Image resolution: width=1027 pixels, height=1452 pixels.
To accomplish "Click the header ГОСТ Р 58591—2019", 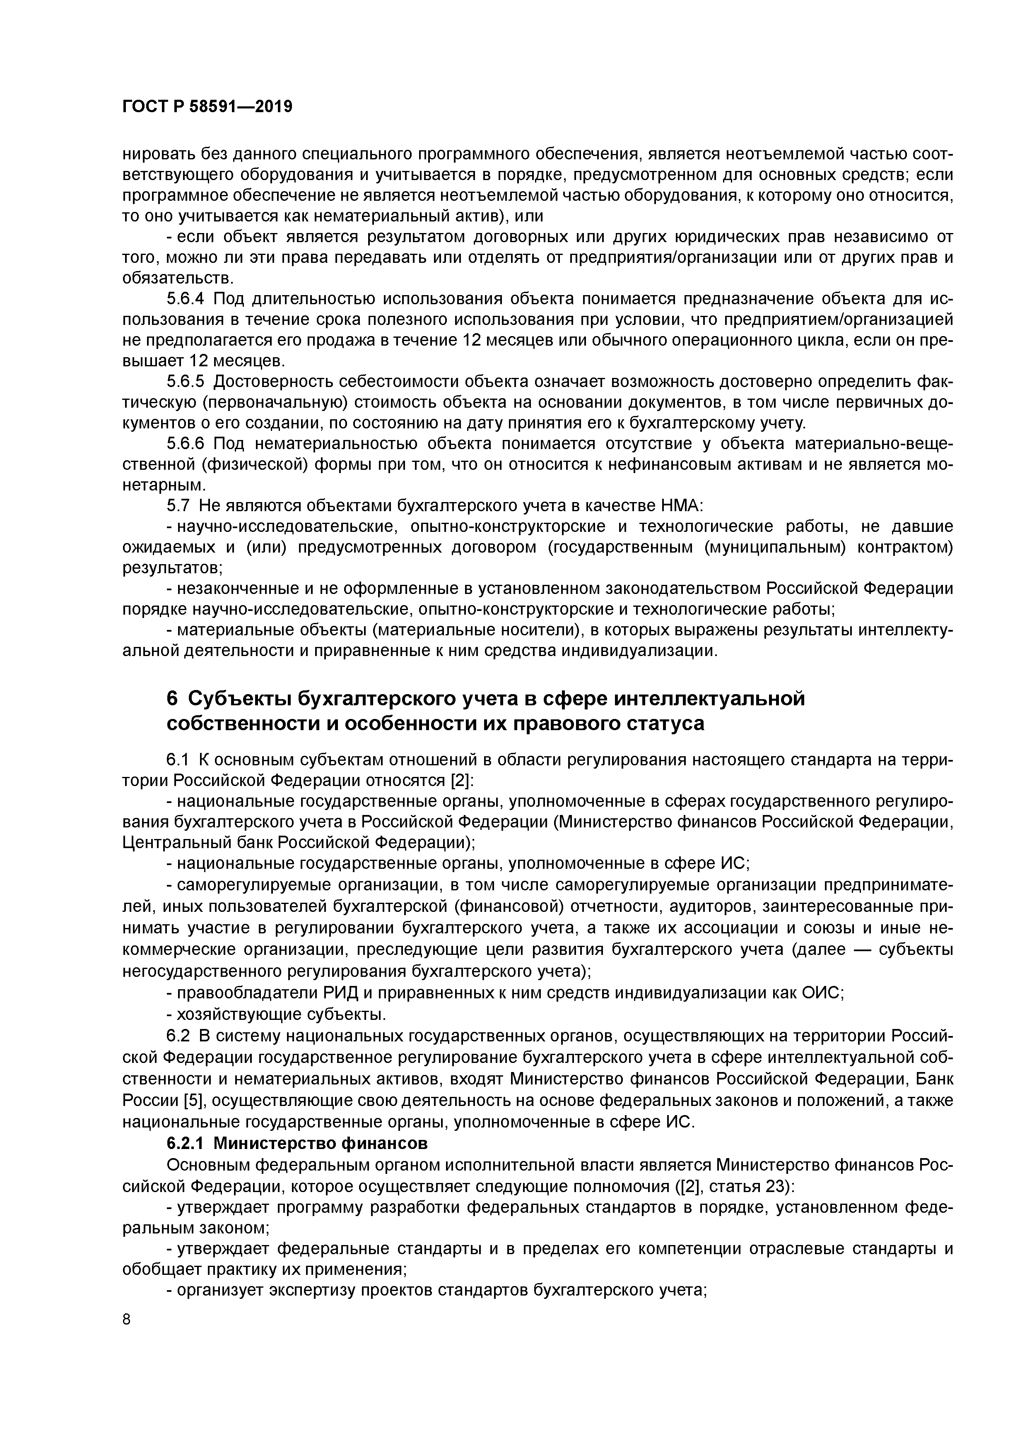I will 207,107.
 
